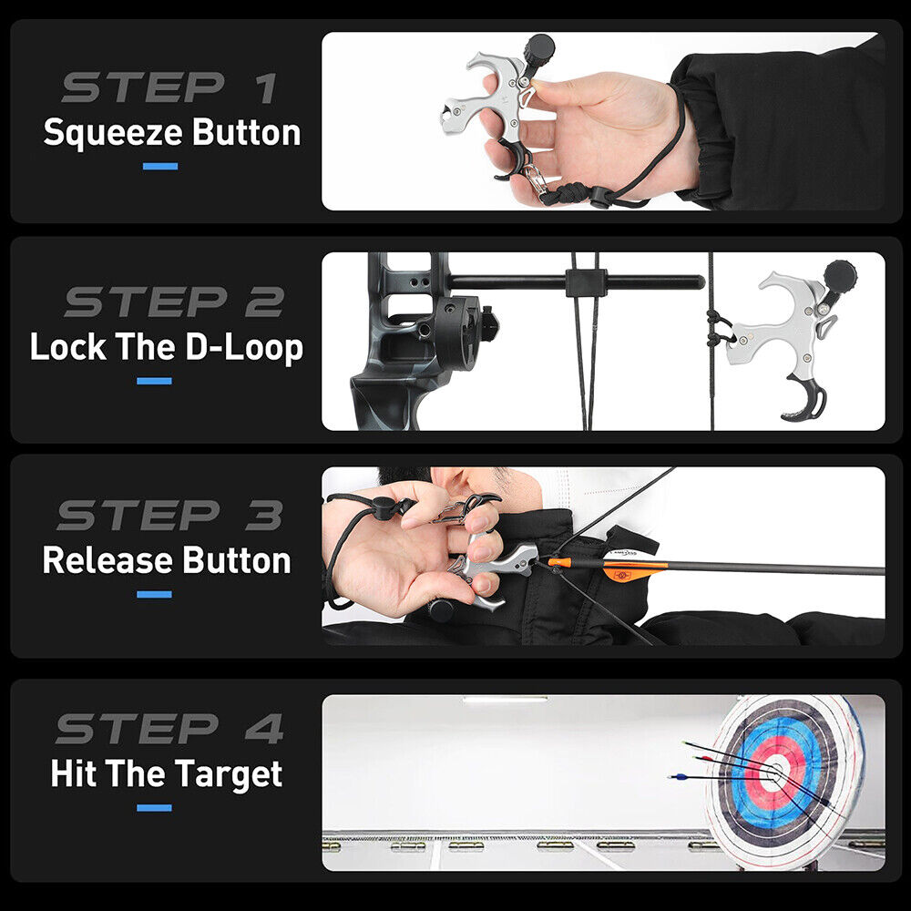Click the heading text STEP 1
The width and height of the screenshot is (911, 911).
click(170, 87)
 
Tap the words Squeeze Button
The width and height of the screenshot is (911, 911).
click(171, 133)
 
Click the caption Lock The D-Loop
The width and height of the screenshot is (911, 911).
click(167, 347)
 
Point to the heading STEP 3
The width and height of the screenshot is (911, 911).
click(172, 516)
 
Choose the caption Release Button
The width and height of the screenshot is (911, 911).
click(167, 560)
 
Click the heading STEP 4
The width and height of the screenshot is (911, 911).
click(170, 729)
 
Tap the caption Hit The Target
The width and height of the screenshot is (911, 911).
click(167, 774)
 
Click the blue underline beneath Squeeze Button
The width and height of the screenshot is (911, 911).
click(159, 167)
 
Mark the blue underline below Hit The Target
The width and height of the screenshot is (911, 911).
click(154, 808)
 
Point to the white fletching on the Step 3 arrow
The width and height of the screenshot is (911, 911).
click(630, 557)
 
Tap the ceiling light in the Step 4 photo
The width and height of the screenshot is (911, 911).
click(505, 700)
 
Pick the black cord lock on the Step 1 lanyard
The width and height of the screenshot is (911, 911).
click(600, 197)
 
